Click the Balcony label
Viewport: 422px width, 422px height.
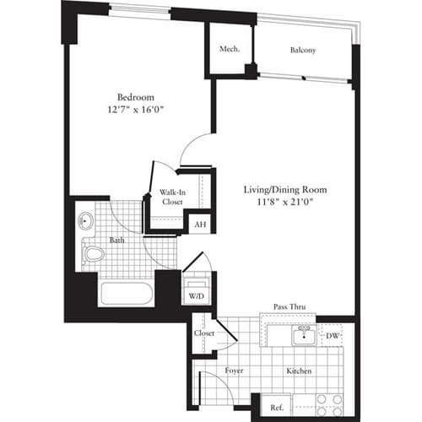303,50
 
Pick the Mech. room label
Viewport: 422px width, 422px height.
230,49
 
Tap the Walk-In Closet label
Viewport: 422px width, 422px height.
172,197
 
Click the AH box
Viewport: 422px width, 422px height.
200,225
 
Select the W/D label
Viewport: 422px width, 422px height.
196,295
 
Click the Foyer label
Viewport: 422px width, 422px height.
235,370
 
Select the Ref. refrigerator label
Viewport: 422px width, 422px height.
275,407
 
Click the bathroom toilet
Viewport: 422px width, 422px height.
94,252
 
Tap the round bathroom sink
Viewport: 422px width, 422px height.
85,222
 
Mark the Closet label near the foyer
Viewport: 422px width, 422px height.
203,333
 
